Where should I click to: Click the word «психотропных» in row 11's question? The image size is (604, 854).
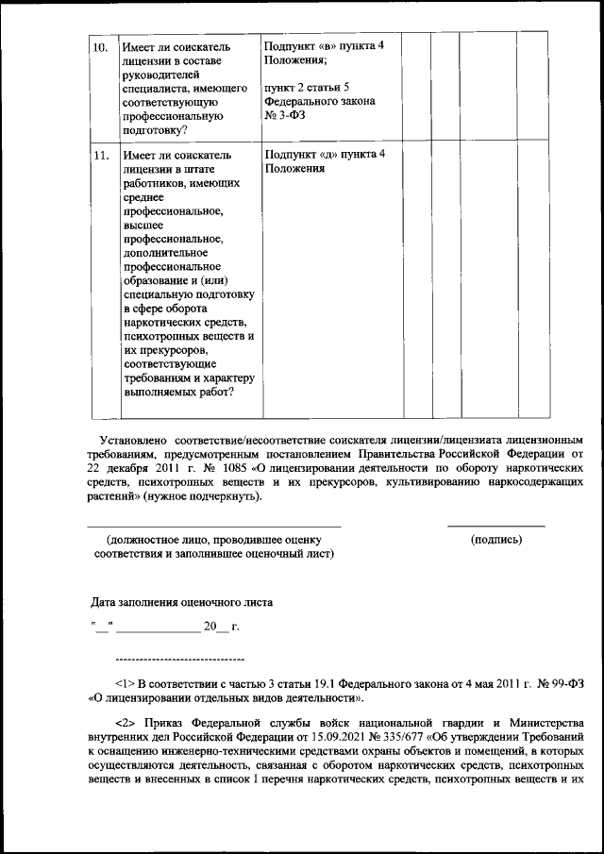pyautogui.click(x=160, y=336)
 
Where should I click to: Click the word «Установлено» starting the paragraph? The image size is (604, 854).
pyautogui.click(x=133, y=440)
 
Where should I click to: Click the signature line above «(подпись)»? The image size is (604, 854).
pyautogui.click(x=495, y=526)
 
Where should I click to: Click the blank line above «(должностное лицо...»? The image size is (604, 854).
pyautogui.click(x=214, y=526)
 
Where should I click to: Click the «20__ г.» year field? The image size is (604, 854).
pyautogui.click(x=223, y=626)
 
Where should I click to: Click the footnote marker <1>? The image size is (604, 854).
pyautogui.click(x=124, y=684)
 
